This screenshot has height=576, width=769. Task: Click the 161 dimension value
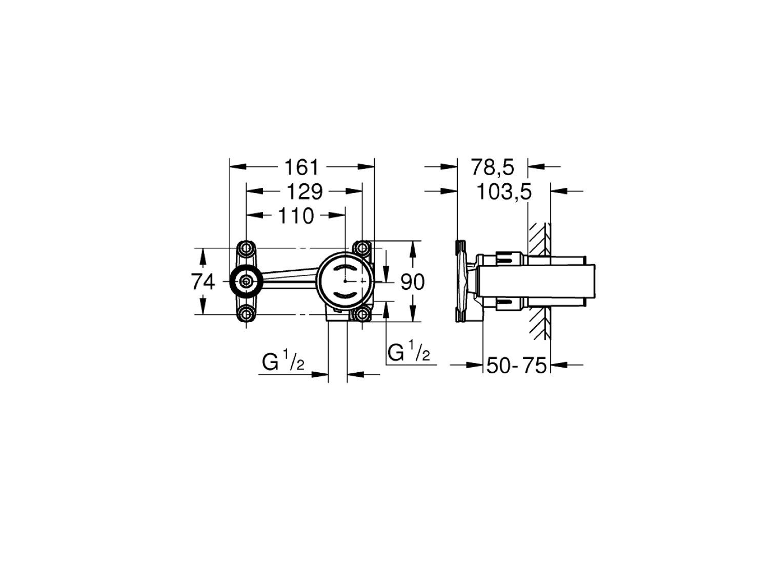point(302,167)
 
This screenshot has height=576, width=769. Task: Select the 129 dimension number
point(304,191)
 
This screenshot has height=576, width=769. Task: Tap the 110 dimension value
point(296,216)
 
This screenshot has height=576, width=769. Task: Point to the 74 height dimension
point(203,282)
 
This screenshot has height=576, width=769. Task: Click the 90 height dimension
point(412,282)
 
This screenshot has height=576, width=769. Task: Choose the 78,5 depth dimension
point(492,167)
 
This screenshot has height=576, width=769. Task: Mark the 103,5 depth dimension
point(504,193)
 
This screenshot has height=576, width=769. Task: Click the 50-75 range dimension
point(516,366)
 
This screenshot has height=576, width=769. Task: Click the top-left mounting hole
point(247,248)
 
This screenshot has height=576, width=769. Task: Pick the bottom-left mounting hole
point(247,314)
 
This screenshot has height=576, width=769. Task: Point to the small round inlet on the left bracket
point(247,281)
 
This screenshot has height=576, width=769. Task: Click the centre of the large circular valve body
point(345,281)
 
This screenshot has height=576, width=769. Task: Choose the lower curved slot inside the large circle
point(345,295)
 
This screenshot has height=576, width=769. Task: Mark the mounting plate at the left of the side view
point(461,281)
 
